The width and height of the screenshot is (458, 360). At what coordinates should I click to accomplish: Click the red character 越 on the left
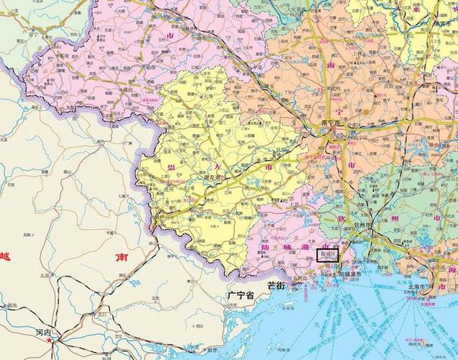point(6,256)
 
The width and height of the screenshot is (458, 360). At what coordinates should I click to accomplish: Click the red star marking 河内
point(49,340)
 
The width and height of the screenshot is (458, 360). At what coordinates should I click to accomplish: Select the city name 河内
point(42,332)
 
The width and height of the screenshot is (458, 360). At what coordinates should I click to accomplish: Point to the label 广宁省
point(240,295)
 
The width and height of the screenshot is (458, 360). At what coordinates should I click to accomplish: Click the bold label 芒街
point(277,286)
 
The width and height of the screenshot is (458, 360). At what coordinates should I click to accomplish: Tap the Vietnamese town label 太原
point(45,275)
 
